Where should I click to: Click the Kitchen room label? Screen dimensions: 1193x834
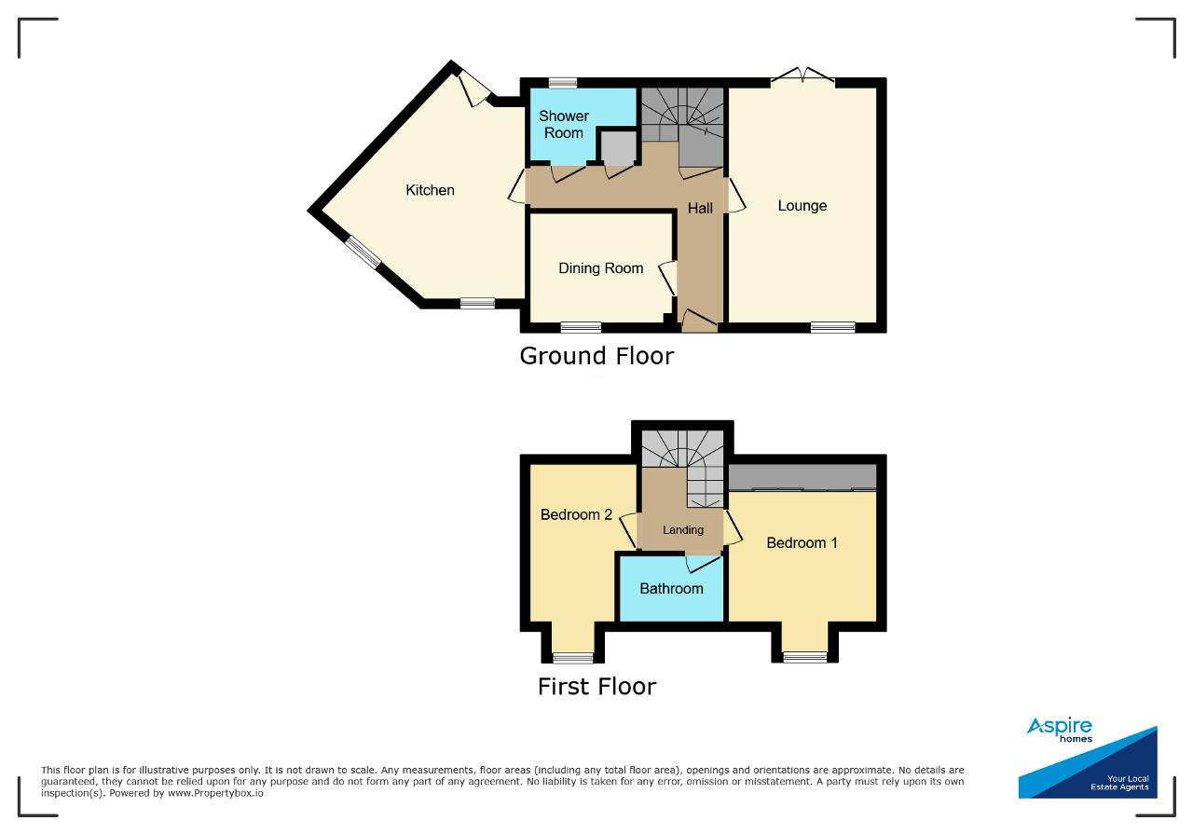430,190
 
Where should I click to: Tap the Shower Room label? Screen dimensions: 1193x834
564,124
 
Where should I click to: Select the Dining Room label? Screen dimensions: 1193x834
601,267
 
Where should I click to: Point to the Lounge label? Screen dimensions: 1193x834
802,206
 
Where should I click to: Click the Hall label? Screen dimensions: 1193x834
700,208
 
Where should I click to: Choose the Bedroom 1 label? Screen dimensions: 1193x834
802,542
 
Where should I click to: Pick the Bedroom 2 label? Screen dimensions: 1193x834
576,514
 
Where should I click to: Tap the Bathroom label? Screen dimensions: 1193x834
671,589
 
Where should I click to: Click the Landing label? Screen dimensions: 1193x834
683,530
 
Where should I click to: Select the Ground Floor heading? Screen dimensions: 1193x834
596,356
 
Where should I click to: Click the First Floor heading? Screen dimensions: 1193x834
597,687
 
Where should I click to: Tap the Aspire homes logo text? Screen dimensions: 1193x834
1060,729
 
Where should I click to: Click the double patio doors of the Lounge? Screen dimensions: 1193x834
802,76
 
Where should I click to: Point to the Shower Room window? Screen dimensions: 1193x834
563,83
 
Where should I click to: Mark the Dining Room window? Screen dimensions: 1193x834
581,327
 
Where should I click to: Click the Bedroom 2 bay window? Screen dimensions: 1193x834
573,658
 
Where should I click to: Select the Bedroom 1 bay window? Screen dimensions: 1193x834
804,658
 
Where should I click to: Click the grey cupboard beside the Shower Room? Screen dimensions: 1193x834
618,147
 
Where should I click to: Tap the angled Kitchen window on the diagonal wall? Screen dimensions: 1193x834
363,253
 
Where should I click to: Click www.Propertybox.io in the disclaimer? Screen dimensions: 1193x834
215,793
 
